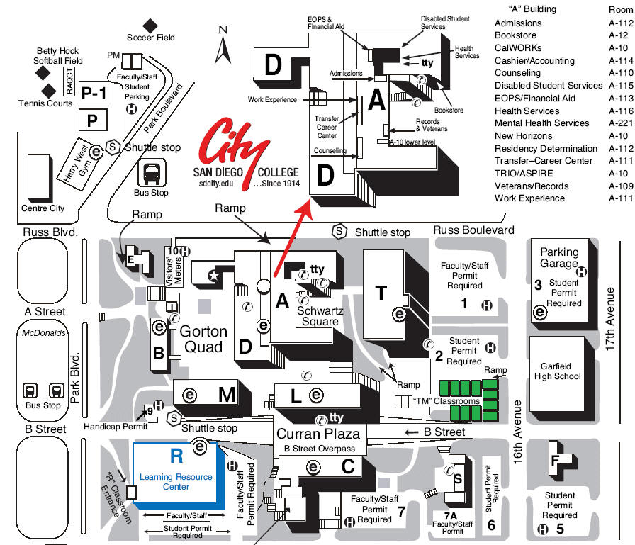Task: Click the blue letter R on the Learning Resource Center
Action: click(x=176, y=455)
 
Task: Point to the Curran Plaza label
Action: click(x=318, y=434)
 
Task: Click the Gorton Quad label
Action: click(x=204, y=339)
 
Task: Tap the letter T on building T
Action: click(x=382, y=292)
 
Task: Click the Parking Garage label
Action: click(x=559, y=258)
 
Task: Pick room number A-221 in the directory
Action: click(x=620, y=123)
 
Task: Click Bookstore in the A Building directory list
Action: click(x=515, y=35)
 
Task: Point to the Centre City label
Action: click(x=43, y=208)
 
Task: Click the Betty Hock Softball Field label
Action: click(x=58, y=56)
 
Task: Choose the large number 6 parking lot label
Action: click(x=491, y=524)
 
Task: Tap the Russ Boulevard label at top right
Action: click(x=473, y=230)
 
